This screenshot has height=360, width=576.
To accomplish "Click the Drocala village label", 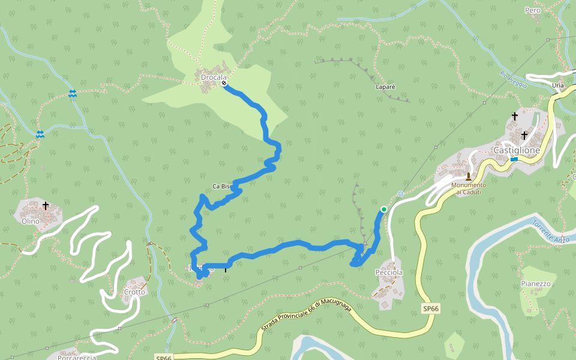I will coord(214,77).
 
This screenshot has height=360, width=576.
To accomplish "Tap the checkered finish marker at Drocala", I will coord(224,83).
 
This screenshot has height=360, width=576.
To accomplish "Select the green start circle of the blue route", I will coord(384,209).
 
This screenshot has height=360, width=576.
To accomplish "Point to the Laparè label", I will coord(385,87).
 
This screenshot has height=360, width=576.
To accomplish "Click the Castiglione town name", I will coord(517,150).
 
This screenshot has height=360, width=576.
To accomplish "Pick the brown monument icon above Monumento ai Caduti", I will coord(468,176).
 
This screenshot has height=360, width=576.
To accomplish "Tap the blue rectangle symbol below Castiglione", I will coord(514,159).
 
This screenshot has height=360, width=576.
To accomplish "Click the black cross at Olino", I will coord(46,206).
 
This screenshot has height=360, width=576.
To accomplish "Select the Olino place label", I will coord(31,221).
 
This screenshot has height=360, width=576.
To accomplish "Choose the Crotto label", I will coord(134,292).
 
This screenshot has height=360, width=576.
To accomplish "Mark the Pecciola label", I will coord(389,272).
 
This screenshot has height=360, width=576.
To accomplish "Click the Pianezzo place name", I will coord(535,284).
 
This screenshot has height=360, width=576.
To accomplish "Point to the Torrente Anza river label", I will coord(550,231).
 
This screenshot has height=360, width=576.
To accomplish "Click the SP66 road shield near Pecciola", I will coord(430,308).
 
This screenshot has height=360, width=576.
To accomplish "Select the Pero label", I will coord(533,10).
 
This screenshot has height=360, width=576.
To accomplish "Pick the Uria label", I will coord(558,86).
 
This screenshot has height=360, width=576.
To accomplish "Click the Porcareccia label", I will coord(77,358).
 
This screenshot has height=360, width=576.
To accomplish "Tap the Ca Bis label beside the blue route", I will coord(221,187).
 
